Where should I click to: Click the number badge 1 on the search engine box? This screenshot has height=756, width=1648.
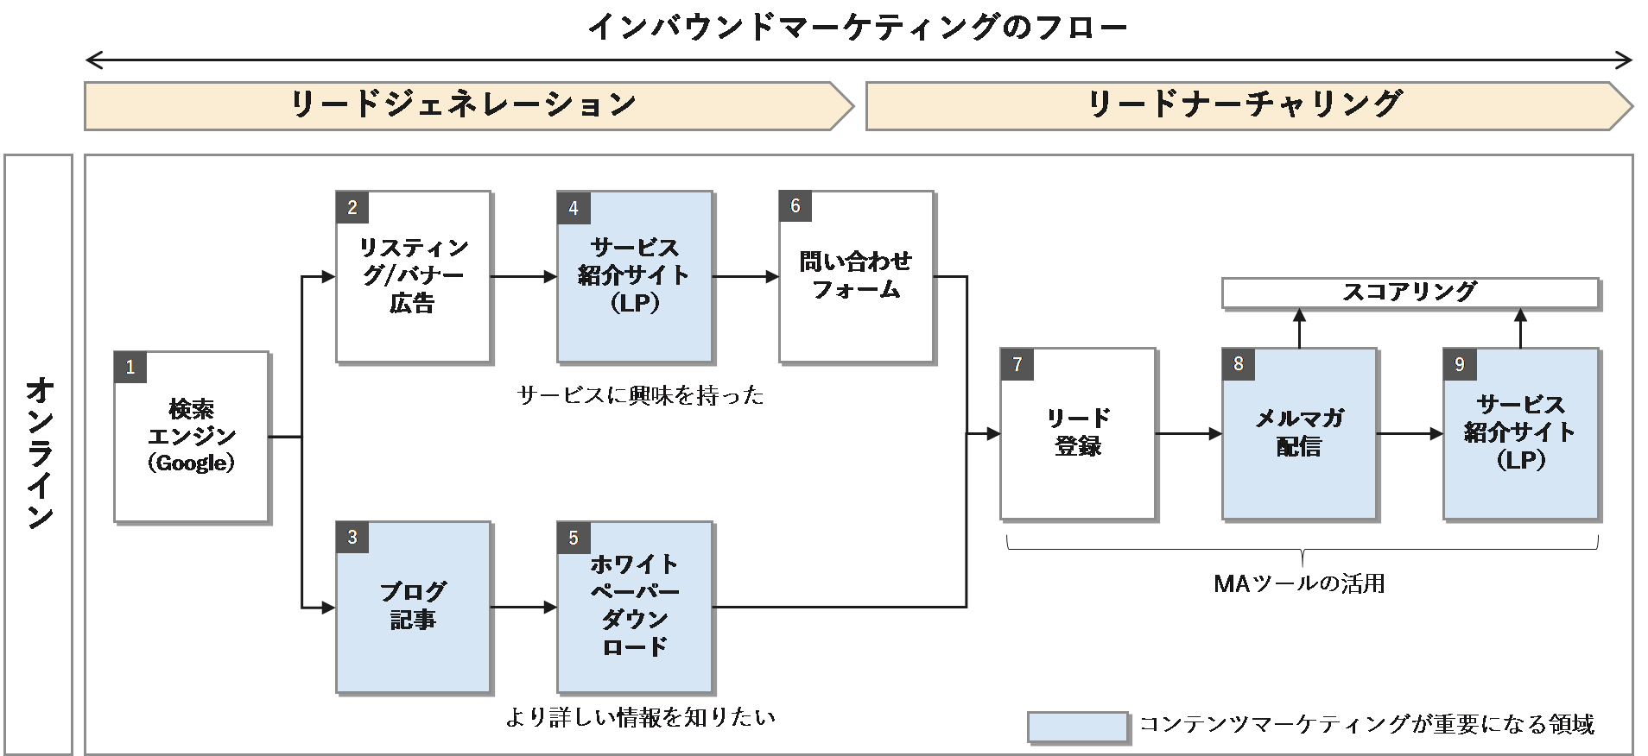(x=130, y=367)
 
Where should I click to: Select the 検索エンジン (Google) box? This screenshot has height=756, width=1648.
(x=192, y=437)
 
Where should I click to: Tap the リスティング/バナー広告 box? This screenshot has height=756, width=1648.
(x=413, y=276)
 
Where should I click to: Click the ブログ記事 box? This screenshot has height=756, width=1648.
(x=413, y=607)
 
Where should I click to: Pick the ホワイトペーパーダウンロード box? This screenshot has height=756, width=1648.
(x=635, y=607)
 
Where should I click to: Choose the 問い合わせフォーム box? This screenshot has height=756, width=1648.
(x=856, y=276)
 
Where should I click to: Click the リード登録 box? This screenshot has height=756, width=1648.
(x=1078, y=433)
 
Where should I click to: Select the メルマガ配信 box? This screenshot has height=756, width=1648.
(x=1299, y=433)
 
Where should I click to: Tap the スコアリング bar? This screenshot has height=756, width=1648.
(x=1410, y=293)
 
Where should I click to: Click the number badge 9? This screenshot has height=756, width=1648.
(x=1460, y=364)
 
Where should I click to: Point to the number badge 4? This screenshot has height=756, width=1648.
(x=574, y=208)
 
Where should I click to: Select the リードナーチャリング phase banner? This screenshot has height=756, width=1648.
(x=1244, y=105)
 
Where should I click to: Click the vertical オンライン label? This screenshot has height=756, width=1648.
(x=39, y=453)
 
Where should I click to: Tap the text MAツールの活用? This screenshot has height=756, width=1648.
(x=1299, y=584)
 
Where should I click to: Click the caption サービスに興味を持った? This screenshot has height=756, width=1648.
(x=640, y=395)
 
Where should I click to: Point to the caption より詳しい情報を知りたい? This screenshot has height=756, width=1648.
(x=640, y=717)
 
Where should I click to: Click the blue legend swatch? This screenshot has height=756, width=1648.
(x=1077, y=727)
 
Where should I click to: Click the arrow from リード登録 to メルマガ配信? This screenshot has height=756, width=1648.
(x=1188, y=433)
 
